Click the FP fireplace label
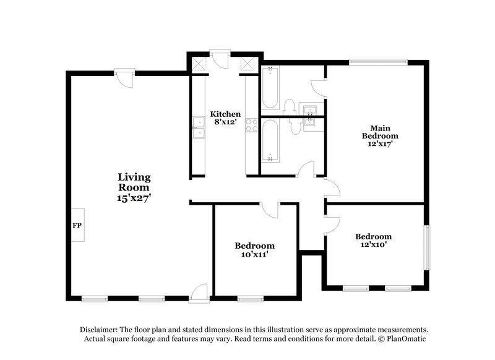tap(77, 226)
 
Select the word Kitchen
tap(225, 114)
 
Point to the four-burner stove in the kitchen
tap(252, 126)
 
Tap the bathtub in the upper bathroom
tap(270, 90)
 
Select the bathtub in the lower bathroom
tap(270, 140)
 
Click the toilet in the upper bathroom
tap(289, 108)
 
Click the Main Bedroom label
tap(380, 131)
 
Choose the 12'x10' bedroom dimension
tap(373, 245)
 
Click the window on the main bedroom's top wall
tap(378, 61)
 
